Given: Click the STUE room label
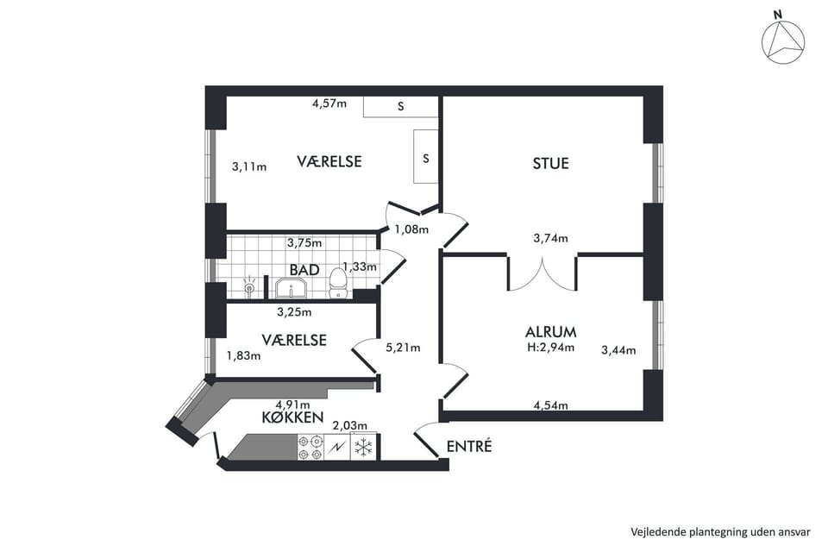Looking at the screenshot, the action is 551,163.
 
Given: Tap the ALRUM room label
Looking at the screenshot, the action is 551,332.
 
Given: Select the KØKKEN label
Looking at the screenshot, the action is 292,417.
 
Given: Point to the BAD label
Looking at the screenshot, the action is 304,270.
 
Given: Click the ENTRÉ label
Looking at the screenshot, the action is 469,447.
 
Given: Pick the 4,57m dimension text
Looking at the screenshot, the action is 329,103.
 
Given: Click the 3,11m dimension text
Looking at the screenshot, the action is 249,167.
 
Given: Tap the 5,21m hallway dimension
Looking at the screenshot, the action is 403,348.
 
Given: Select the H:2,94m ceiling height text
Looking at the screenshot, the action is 551,347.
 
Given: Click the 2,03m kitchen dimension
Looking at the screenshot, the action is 349,425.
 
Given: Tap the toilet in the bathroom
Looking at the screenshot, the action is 337,283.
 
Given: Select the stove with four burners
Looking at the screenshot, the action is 310,448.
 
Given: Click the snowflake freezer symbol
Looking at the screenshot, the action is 363,448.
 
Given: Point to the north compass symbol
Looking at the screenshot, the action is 783,41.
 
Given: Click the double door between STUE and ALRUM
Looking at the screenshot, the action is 543,274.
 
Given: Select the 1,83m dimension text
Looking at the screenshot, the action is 243,356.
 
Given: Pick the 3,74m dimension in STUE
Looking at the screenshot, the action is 551,238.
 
